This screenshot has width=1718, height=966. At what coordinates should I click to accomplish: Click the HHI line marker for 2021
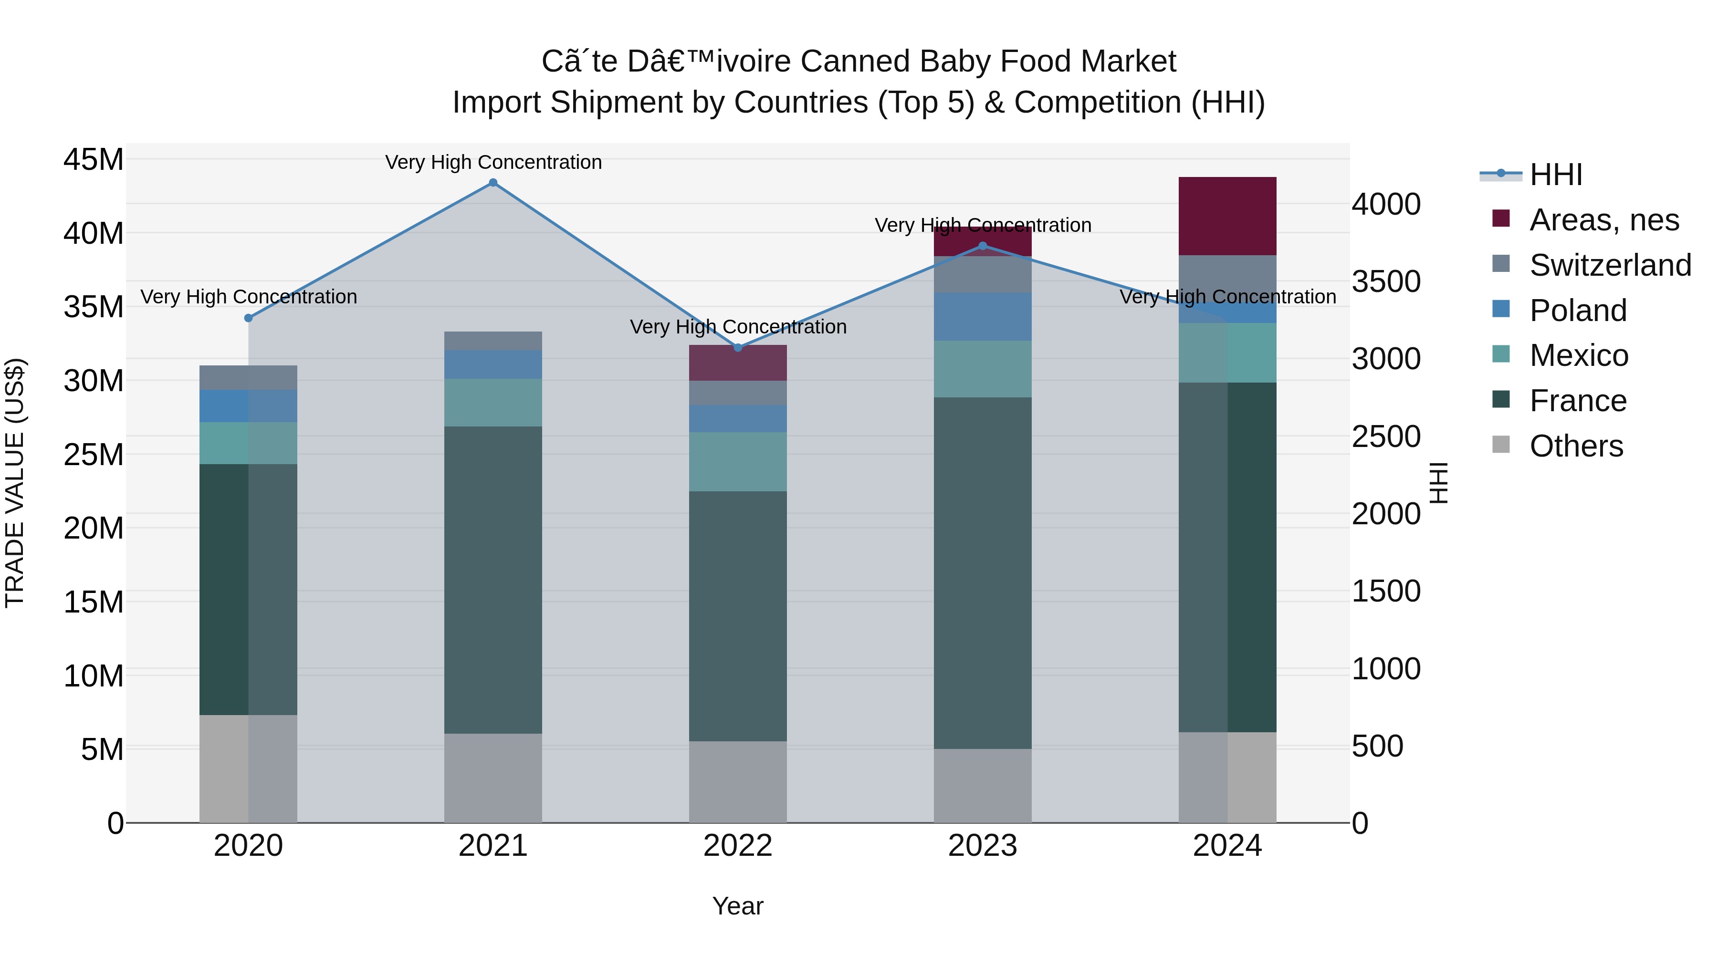click(493, 183)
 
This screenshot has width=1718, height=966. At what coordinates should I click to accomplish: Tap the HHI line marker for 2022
click(738, 348)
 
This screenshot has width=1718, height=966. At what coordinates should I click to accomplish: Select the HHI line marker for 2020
click(248, 318)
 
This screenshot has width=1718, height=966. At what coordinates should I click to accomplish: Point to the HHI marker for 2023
click(983, 246)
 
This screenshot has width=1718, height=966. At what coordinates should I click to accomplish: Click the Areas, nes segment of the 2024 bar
click(1227, 216)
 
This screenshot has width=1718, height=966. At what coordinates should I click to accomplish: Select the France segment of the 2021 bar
click(493, 580)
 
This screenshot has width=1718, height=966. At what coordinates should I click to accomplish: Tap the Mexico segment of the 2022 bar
click(738, 462)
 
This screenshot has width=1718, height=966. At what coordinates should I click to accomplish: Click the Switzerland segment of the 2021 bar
click(493, 341)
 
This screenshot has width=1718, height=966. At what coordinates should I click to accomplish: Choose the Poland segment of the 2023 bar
click(983, 317)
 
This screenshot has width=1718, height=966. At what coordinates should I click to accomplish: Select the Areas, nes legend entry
click(1603, 220)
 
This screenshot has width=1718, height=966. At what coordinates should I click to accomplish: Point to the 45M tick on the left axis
click(94, 160)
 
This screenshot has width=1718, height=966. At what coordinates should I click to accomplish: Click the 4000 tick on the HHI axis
click(1386, 204)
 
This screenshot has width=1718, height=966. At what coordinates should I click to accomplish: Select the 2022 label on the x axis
click(738, 846)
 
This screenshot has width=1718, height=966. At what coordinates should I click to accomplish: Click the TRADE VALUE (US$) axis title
click(15, 483)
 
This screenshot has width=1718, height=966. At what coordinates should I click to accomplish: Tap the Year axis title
click(738, 906)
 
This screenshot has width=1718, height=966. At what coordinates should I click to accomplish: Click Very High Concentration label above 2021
click(493, 162)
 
